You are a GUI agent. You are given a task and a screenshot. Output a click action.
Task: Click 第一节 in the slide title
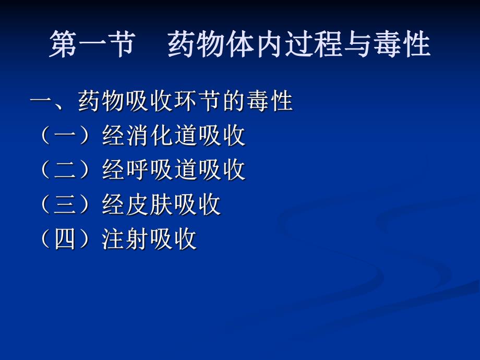tap(92, 44)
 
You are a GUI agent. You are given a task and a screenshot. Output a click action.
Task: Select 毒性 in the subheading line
tap(269, 101)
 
